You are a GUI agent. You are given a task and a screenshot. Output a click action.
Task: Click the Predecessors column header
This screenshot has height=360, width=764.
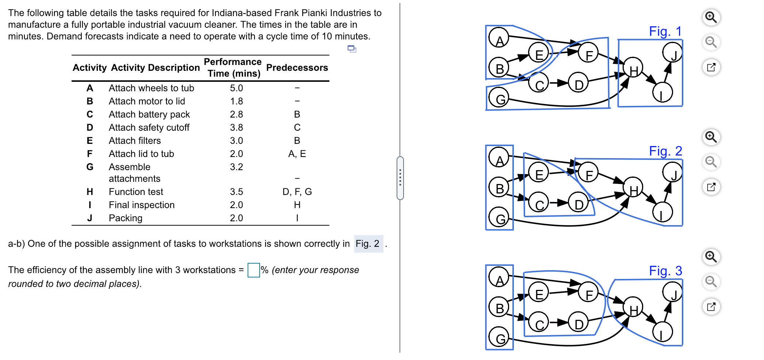[x=297, y=68]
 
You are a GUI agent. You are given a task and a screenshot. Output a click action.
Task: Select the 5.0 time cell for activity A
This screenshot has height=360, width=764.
[x=236, y=88]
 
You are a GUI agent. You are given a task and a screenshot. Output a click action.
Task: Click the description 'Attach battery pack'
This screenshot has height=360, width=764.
[x=149, y=114]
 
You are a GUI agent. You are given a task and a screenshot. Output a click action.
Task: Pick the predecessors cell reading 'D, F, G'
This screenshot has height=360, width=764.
[x=297, y=192]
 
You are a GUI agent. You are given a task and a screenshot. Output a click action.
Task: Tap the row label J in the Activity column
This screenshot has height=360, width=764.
[x=89, y=218]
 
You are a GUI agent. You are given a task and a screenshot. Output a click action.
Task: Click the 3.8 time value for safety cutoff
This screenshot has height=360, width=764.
[x=236, y=127]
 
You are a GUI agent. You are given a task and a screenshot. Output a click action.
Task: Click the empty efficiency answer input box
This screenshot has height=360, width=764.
[x=253, y=270]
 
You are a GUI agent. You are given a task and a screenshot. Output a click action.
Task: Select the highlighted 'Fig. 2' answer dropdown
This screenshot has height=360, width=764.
[x=368, y=244]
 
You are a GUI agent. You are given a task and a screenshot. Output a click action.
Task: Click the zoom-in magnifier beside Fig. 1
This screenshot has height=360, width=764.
[x=711, y=17]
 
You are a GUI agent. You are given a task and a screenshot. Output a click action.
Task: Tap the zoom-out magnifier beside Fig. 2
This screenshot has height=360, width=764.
[x=711, y=162]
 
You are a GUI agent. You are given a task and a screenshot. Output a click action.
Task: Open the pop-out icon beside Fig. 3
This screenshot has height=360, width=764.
[x=711, y=307]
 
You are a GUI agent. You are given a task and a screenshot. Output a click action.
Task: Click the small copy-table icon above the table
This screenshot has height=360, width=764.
[x=352, y=49]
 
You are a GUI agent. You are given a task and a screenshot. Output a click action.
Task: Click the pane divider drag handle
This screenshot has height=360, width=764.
[x=400, y=178]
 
